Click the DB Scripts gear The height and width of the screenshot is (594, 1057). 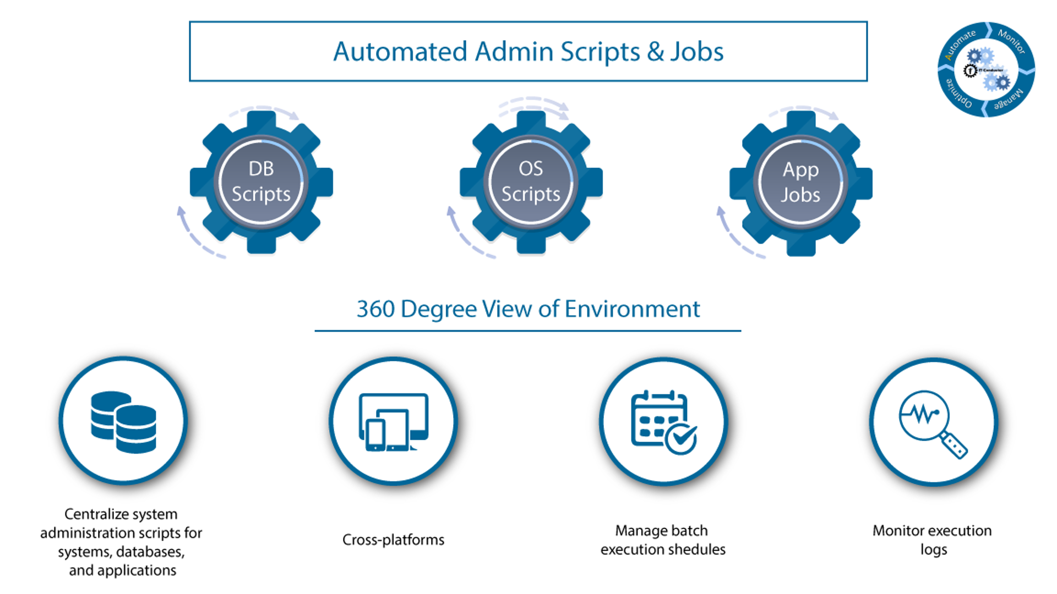[261, 182]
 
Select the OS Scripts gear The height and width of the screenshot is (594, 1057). [531, 182]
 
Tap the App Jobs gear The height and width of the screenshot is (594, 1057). [800, 182]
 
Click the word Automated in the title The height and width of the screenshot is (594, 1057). [400, 52]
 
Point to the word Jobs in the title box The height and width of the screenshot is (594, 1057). [696, 52]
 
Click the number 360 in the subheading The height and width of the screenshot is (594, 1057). [375, 309]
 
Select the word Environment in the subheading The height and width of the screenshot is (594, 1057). [632, 309]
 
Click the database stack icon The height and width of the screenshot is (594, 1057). [123, 422]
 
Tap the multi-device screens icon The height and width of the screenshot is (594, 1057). [393, 422]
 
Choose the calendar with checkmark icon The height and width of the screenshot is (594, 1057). [662, 422]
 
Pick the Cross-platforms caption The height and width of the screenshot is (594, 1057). [393, 540]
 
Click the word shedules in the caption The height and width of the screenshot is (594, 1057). [695, 549]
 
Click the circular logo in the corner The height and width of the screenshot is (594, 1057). [986, 69]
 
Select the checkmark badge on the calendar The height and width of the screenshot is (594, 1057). [681, 438]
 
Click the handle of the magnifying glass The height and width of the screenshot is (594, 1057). [954, 445]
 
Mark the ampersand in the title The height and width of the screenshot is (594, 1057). [655, 52]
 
